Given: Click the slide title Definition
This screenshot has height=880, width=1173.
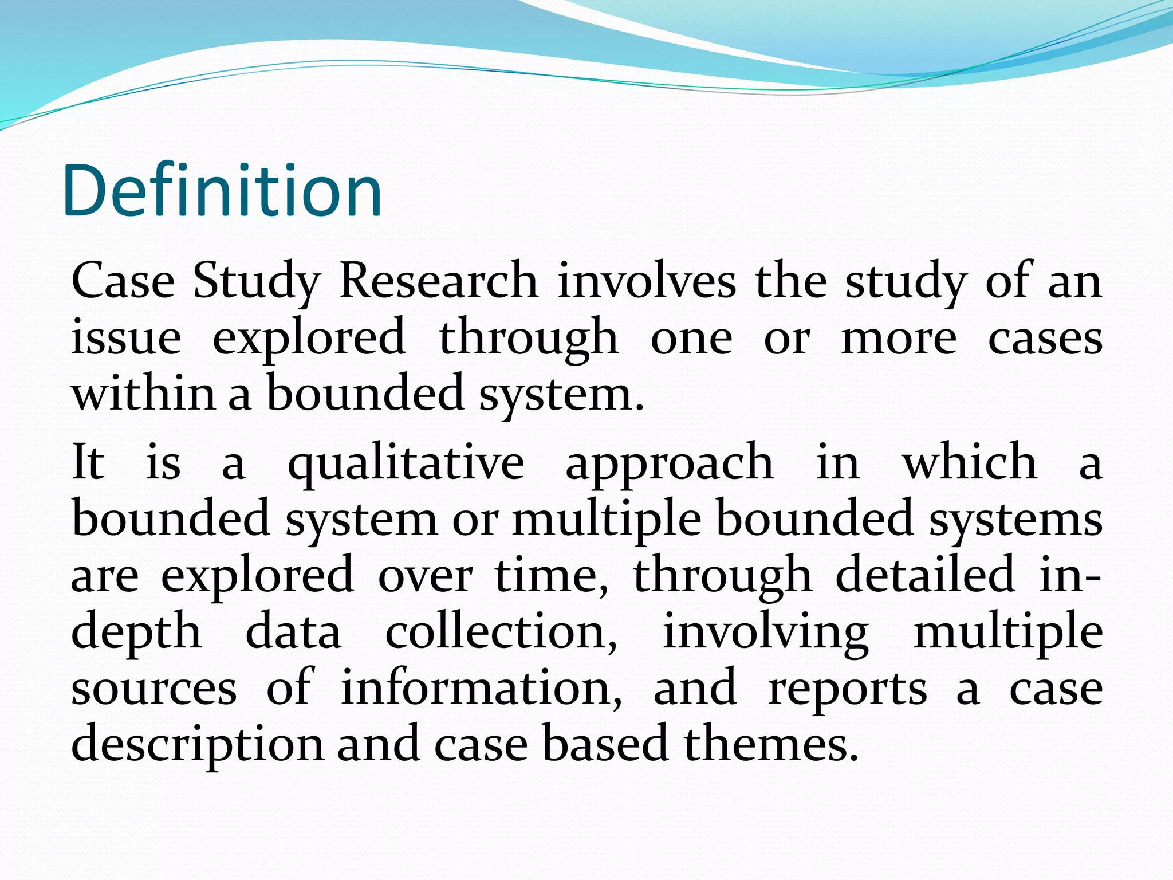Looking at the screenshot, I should coord(222,190).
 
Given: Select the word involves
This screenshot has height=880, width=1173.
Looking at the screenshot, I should coord(647,281).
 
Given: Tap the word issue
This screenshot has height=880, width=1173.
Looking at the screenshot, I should coord(126,337).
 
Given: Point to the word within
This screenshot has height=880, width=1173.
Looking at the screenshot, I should coord(143,393).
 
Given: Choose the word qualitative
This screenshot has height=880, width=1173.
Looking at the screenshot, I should coord(406,463).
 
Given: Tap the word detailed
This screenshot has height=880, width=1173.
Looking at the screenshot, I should coord(924,574).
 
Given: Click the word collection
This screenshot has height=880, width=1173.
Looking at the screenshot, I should coord(501,631).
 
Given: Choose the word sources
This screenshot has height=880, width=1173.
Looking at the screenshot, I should coord(153,687).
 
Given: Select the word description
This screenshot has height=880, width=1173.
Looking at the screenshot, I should coord(197,744).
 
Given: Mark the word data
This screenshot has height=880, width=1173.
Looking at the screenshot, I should coord(293,631).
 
